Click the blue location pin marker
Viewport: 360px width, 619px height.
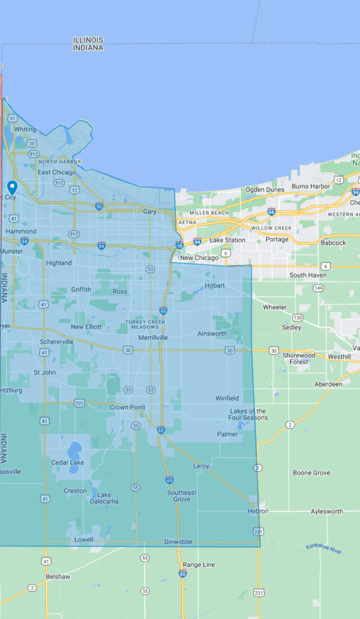coord(12,187)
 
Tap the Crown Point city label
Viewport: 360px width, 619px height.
coord(127,407)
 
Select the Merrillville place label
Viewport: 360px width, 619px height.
coord(153,337)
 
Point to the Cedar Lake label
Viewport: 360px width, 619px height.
coord(68,462)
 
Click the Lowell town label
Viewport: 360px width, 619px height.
coord(84,539)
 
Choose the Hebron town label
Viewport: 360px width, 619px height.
coord(258,511)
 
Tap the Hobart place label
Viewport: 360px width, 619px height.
coord(214,285)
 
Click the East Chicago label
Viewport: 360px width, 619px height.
coord(57,172)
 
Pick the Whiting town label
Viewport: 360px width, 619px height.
coord(25,129)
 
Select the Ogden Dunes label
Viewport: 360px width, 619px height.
coord(265,190)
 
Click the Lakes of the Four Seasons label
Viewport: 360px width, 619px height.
coord(248,415)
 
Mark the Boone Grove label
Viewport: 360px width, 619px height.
coord(311,473)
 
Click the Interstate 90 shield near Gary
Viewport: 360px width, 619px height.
coord(99,206)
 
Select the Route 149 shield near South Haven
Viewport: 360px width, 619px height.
coord(318,288)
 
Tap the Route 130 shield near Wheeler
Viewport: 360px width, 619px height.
coord(297,317)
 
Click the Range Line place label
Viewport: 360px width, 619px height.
coord(199,565)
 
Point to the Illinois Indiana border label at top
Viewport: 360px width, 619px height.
coord(88,44)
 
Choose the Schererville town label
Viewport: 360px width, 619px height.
coord(57,342)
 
